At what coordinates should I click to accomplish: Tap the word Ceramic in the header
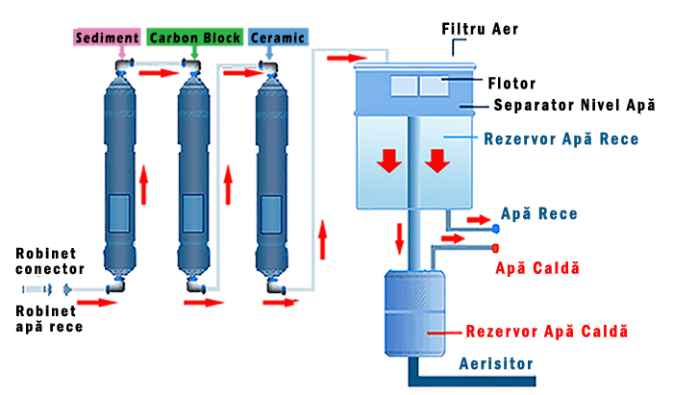(x=279, y=38)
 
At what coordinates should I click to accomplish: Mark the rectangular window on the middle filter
(x=193, y=213)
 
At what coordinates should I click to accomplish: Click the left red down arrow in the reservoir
(x=388, y=160)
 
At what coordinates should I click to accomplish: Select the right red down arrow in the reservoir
(x=437, y=160)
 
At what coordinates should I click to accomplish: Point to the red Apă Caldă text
(x=537, y=267)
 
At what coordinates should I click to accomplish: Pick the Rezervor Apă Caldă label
(x=546, y=331)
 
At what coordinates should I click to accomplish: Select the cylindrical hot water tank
(x=412, y=312)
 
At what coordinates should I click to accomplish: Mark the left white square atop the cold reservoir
(x=397, y=86)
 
